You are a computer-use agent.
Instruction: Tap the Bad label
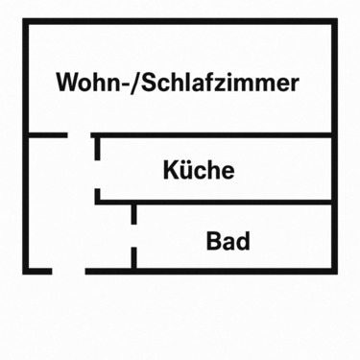point(228,240)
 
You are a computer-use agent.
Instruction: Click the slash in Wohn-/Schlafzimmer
point(135,82)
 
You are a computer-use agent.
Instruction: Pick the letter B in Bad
point(213,240)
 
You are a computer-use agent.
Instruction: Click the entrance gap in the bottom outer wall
point(68,272)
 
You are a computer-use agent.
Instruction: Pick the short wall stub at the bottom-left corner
point(37,272)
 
